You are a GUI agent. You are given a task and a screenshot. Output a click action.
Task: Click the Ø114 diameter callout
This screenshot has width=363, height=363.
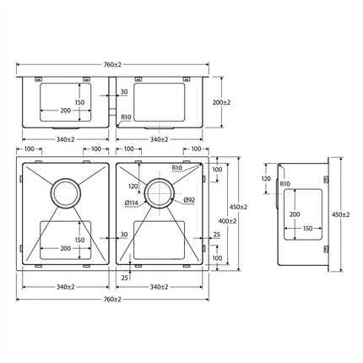(x=132, y=203)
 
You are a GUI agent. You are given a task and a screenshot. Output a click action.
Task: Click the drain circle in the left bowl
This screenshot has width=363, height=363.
(x=65, y=192)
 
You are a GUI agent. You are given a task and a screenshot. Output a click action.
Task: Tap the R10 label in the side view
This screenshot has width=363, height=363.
(x=284, y=183)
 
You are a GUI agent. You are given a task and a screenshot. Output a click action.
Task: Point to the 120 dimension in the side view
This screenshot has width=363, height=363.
(x=266, y=179)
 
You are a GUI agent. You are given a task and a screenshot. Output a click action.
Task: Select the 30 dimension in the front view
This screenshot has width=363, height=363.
(x=124, y=91)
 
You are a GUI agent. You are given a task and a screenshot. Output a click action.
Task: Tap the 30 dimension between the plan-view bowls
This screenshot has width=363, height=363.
(x=123, y=234)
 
